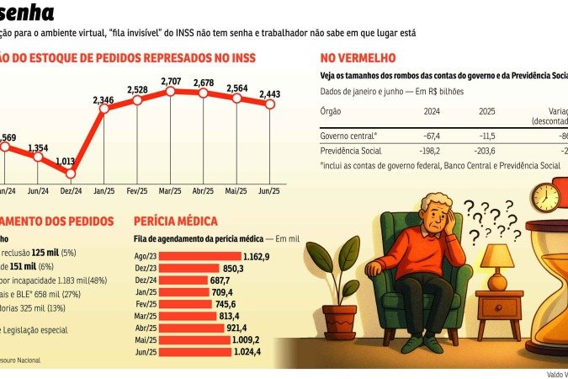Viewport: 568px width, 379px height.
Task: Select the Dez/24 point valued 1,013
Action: pyautogui.click(x=71, y=173)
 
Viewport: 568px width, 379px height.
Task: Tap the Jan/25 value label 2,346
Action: pyautogui.click(x=104, y=99)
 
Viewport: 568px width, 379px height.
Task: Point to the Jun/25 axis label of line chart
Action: pyautogui.click(x=271, y=189)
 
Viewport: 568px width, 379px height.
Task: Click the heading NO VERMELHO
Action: pyautogui.click(x=358, y=58)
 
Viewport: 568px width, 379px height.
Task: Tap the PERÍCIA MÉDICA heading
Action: pyautogui.click(x=175, y=221)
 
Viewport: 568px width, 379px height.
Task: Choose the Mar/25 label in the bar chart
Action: pyautogui.click(x=146, y=315)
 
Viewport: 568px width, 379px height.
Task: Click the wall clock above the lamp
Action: pyautogui.click(x=545, y=197)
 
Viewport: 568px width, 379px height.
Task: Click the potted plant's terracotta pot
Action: pyautogui.click(x=339, y=320)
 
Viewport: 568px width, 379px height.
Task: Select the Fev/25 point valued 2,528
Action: pyautogui.click(x=138, y=100)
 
